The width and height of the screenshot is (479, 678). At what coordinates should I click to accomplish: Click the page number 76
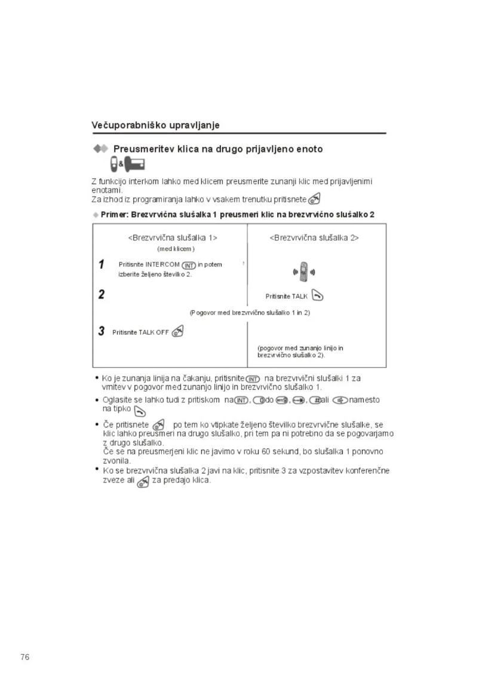click(x=24, y=657)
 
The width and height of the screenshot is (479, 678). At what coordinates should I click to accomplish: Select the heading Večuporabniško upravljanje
click(x=155, y=125)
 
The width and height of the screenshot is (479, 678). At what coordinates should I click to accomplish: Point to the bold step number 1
click(x=102, y=264)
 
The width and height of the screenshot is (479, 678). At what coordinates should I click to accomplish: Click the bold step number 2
click(x=102, y=294)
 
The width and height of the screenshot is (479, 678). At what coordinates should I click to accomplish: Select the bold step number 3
click(x=102, y=332)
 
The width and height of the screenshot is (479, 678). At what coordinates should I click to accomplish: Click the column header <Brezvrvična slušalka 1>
click(x=172, y=237)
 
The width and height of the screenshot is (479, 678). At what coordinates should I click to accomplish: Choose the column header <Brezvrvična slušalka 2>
click(x=314, y=237)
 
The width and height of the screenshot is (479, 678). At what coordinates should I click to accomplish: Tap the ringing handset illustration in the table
click(x=303, y=272)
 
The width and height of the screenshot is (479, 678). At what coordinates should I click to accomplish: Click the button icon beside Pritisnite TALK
click(x=318, y=295)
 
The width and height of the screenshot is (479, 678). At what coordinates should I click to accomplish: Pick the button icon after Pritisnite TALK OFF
click(x=177, y=332)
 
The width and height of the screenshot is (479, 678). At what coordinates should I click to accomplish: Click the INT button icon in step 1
click(x=189, y=265)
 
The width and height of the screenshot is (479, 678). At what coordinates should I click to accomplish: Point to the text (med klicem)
click(x=175, y=249)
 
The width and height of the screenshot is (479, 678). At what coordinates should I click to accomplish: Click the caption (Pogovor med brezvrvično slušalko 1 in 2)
click(x=250, y=312)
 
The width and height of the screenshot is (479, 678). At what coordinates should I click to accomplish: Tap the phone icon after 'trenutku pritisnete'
click(x=315, y=200)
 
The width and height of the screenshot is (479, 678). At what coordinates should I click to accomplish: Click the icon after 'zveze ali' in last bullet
click(x=143, y=481)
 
